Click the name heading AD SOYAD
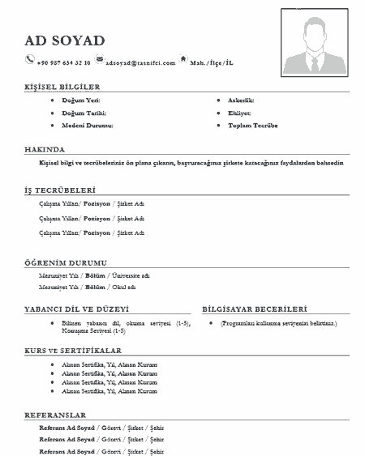65,40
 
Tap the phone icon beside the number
30,58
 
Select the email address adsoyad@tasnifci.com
140,62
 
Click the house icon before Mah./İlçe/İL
183,59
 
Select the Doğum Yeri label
80,99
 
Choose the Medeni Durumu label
88,126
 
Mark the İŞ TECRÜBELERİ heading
60,189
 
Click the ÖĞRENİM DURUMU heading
65,262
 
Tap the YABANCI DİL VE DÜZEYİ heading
77,309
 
